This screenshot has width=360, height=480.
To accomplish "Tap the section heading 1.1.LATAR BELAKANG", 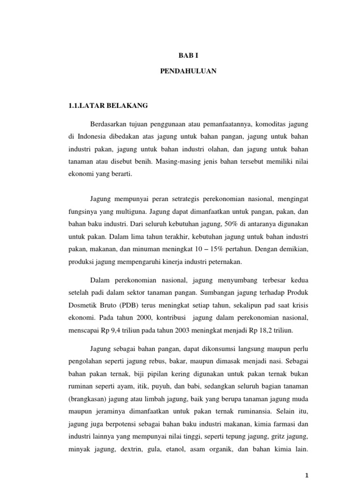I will [108, 106].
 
